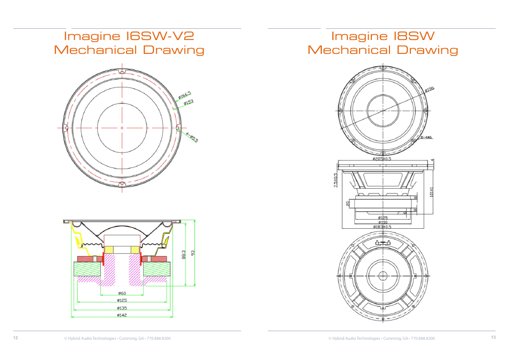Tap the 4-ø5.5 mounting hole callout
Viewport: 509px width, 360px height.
[192, 137]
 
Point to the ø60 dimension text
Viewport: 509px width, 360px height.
[122, 293]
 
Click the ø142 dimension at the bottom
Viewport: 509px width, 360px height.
[122, 315]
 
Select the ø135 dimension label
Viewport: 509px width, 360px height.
[122, 308]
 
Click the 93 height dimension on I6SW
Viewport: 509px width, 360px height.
[193, 253]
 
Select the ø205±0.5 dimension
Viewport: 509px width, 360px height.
[383, 158]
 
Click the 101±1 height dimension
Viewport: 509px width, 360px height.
[432, 192]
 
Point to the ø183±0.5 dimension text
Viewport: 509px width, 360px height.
[383, 227]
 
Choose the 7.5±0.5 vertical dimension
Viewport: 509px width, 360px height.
[336, 180]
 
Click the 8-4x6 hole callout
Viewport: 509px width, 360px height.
[427, 137]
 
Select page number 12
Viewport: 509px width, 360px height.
[15, 338]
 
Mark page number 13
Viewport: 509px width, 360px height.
[493, 338]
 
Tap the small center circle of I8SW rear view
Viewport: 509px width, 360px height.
[383, 276]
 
